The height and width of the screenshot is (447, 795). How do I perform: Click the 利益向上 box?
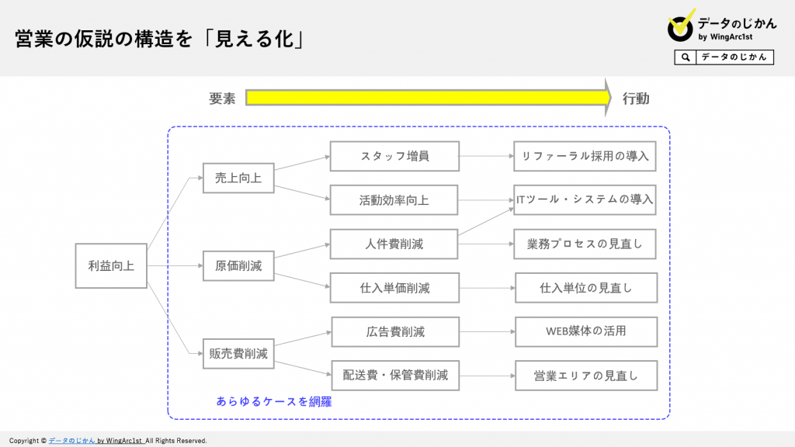pyautogui.click(x=111, y=266)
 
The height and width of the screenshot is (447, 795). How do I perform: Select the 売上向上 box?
pyautogui.click(x=238, y=178)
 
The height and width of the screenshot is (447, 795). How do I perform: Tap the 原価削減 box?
pyautogui.click(x=238, y=266)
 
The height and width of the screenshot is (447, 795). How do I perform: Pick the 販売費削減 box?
pyautogui.click(x=238, y=354)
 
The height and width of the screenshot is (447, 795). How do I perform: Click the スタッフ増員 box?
pyautogui.click(x=394, y=156)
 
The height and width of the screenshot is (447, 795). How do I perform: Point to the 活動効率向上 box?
pyautogui.click(x=394, y=199)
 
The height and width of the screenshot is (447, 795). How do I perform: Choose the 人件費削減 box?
pyautogui.click(x=394, y=244)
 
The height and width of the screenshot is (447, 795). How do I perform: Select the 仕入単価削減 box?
pyautogui.click(x=394, y=288)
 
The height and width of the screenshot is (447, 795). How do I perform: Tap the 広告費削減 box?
pyautogui.click(x=395, y=332)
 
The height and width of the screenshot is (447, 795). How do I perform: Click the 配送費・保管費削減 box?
pyautogui.click(x=395, y=376)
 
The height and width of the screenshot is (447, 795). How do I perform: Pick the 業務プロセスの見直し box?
pyautogui.click(x=585, y=244)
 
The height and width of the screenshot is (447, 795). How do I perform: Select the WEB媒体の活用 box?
pyautogui.click(x=586, y=332)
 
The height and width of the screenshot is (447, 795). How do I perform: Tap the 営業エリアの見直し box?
pyautogui.click(x=586, y=376)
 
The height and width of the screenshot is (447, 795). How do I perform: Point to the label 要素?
pyautogui.click(x=222, y=99)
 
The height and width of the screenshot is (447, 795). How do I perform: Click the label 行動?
pyautogui.click(x=636, y=99)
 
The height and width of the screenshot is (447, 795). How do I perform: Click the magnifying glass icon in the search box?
pyautogui.click(x=686, y=57)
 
